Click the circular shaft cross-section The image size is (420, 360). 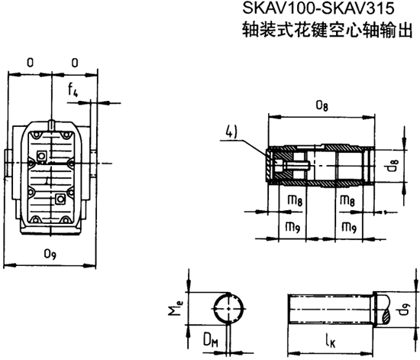point(230,309)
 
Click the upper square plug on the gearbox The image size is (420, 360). point(44,157)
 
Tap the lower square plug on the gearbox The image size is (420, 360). point(61,199)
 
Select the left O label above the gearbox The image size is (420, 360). point(30,62)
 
